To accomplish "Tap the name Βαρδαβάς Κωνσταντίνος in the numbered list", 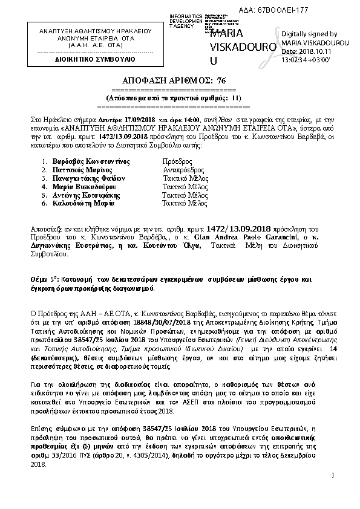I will pyautogui.click(x=89, y=163).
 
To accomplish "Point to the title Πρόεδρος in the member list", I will pyautogui.click(x=178, y=163).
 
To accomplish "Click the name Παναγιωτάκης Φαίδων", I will pyautogui.click(x=88, y=179).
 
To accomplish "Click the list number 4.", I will pyautogui.click(x=44, y=187).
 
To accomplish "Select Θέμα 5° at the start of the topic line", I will pyautogui.click(x=45, y=280).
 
